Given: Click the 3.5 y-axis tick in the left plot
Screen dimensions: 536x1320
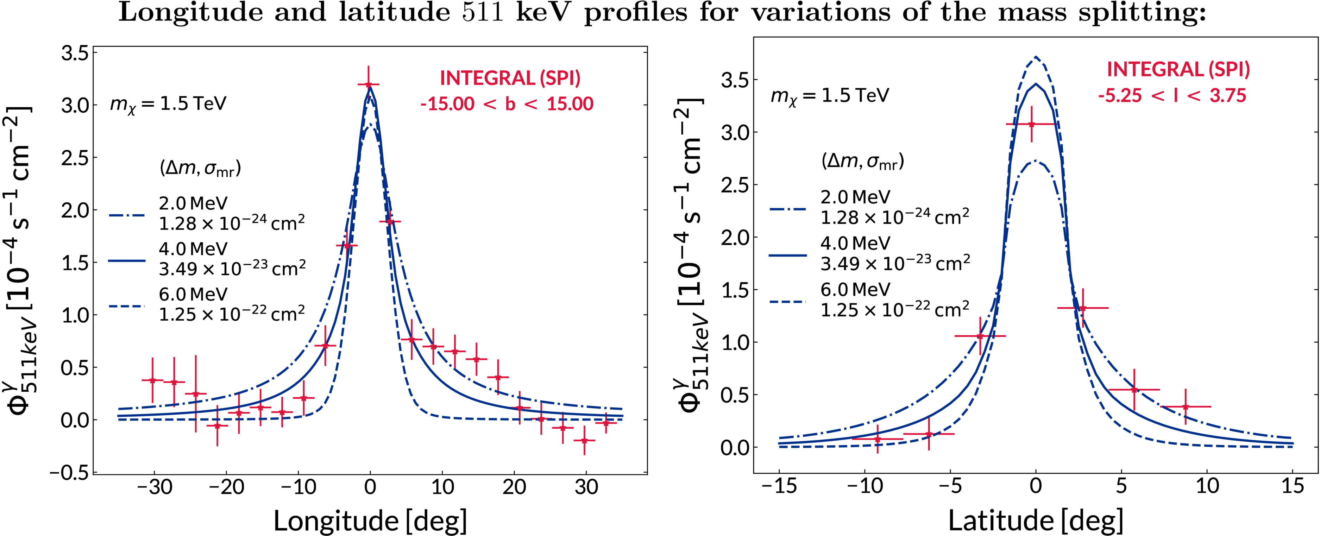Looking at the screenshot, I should [75, 53].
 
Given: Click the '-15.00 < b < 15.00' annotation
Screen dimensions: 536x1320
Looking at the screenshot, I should [506, 104].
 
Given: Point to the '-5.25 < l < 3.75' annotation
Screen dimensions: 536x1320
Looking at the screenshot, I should [1173, 96].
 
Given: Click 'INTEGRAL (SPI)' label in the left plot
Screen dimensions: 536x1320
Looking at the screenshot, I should [510, 78].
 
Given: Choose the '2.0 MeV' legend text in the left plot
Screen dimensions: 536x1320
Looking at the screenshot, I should [193, 203].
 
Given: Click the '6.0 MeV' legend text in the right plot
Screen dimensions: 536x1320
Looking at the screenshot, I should [855, 290].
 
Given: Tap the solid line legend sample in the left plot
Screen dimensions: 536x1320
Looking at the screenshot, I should [127, 261].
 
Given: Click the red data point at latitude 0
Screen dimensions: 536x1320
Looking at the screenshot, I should [1031, 124].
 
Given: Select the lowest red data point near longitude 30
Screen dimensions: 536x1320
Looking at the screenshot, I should [584, 440].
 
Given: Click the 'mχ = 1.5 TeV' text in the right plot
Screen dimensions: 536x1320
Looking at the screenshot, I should [830, 96].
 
